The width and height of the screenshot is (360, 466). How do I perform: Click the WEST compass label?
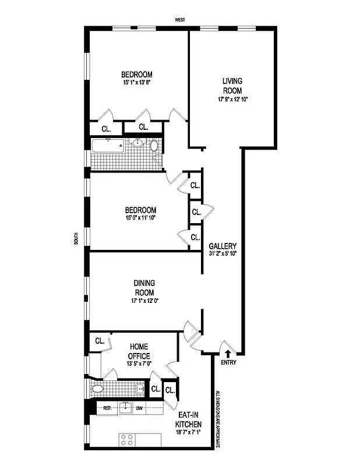tap(180, 20)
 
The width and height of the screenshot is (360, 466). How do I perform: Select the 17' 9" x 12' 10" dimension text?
tap(232, 99)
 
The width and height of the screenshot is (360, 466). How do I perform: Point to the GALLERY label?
tap(223, 246)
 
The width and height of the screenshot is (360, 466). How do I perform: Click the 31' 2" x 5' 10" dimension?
tap(223, 253)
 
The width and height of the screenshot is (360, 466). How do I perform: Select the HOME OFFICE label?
tap(139, 351)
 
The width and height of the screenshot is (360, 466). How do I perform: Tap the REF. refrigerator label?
tap(107, 408)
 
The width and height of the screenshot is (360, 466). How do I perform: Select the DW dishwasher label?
tap(139, 408)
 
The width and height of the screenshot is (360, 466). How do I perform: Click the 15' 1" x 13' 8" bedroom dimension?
tap(137, 83)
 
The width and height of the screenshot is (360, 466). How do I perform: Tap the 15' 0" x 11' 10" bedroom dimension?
tap(140, 218)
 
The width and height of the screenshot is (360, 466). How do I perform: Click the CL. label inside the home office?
tap(99, 341)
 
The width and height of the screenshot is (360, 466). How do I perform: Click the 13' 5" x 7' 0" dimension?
tap(139, 363)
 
